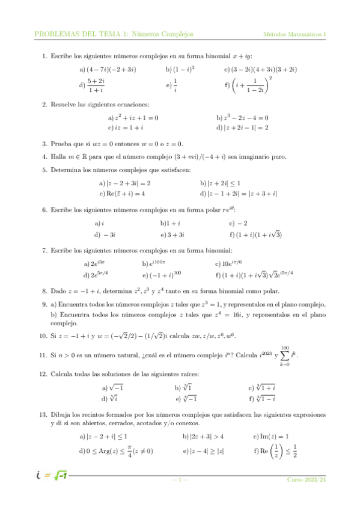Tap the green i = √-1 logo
coord(50,478)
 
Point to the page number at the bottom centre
coord(180,479)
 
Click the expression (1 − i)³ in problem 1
coord(183,69)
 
